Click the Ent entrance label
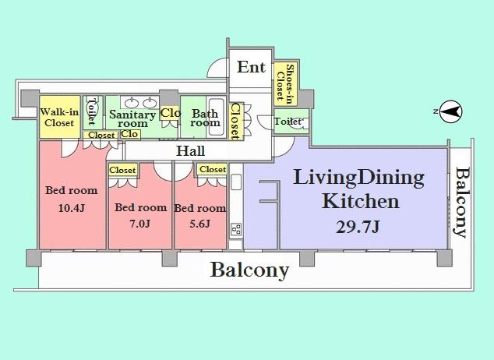tap(252, 67)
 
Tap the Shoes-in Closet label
tap(285, 82)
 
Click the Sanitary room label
tap(128, 118)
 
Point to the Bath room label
tap(205, 118)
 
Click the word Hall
tap(191, 150)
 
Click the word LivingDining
tap(358, 177)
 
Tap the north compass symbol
tap(450, 111)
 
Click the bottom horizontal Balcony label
tap(249, 270)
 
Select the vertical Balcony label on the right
tap(462, 203)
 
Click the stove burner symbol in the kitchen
tap(236, 229)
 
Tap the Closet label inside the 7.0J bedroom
tap(122, 170)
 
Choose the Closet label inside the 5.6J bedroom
tap(212, 169)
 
